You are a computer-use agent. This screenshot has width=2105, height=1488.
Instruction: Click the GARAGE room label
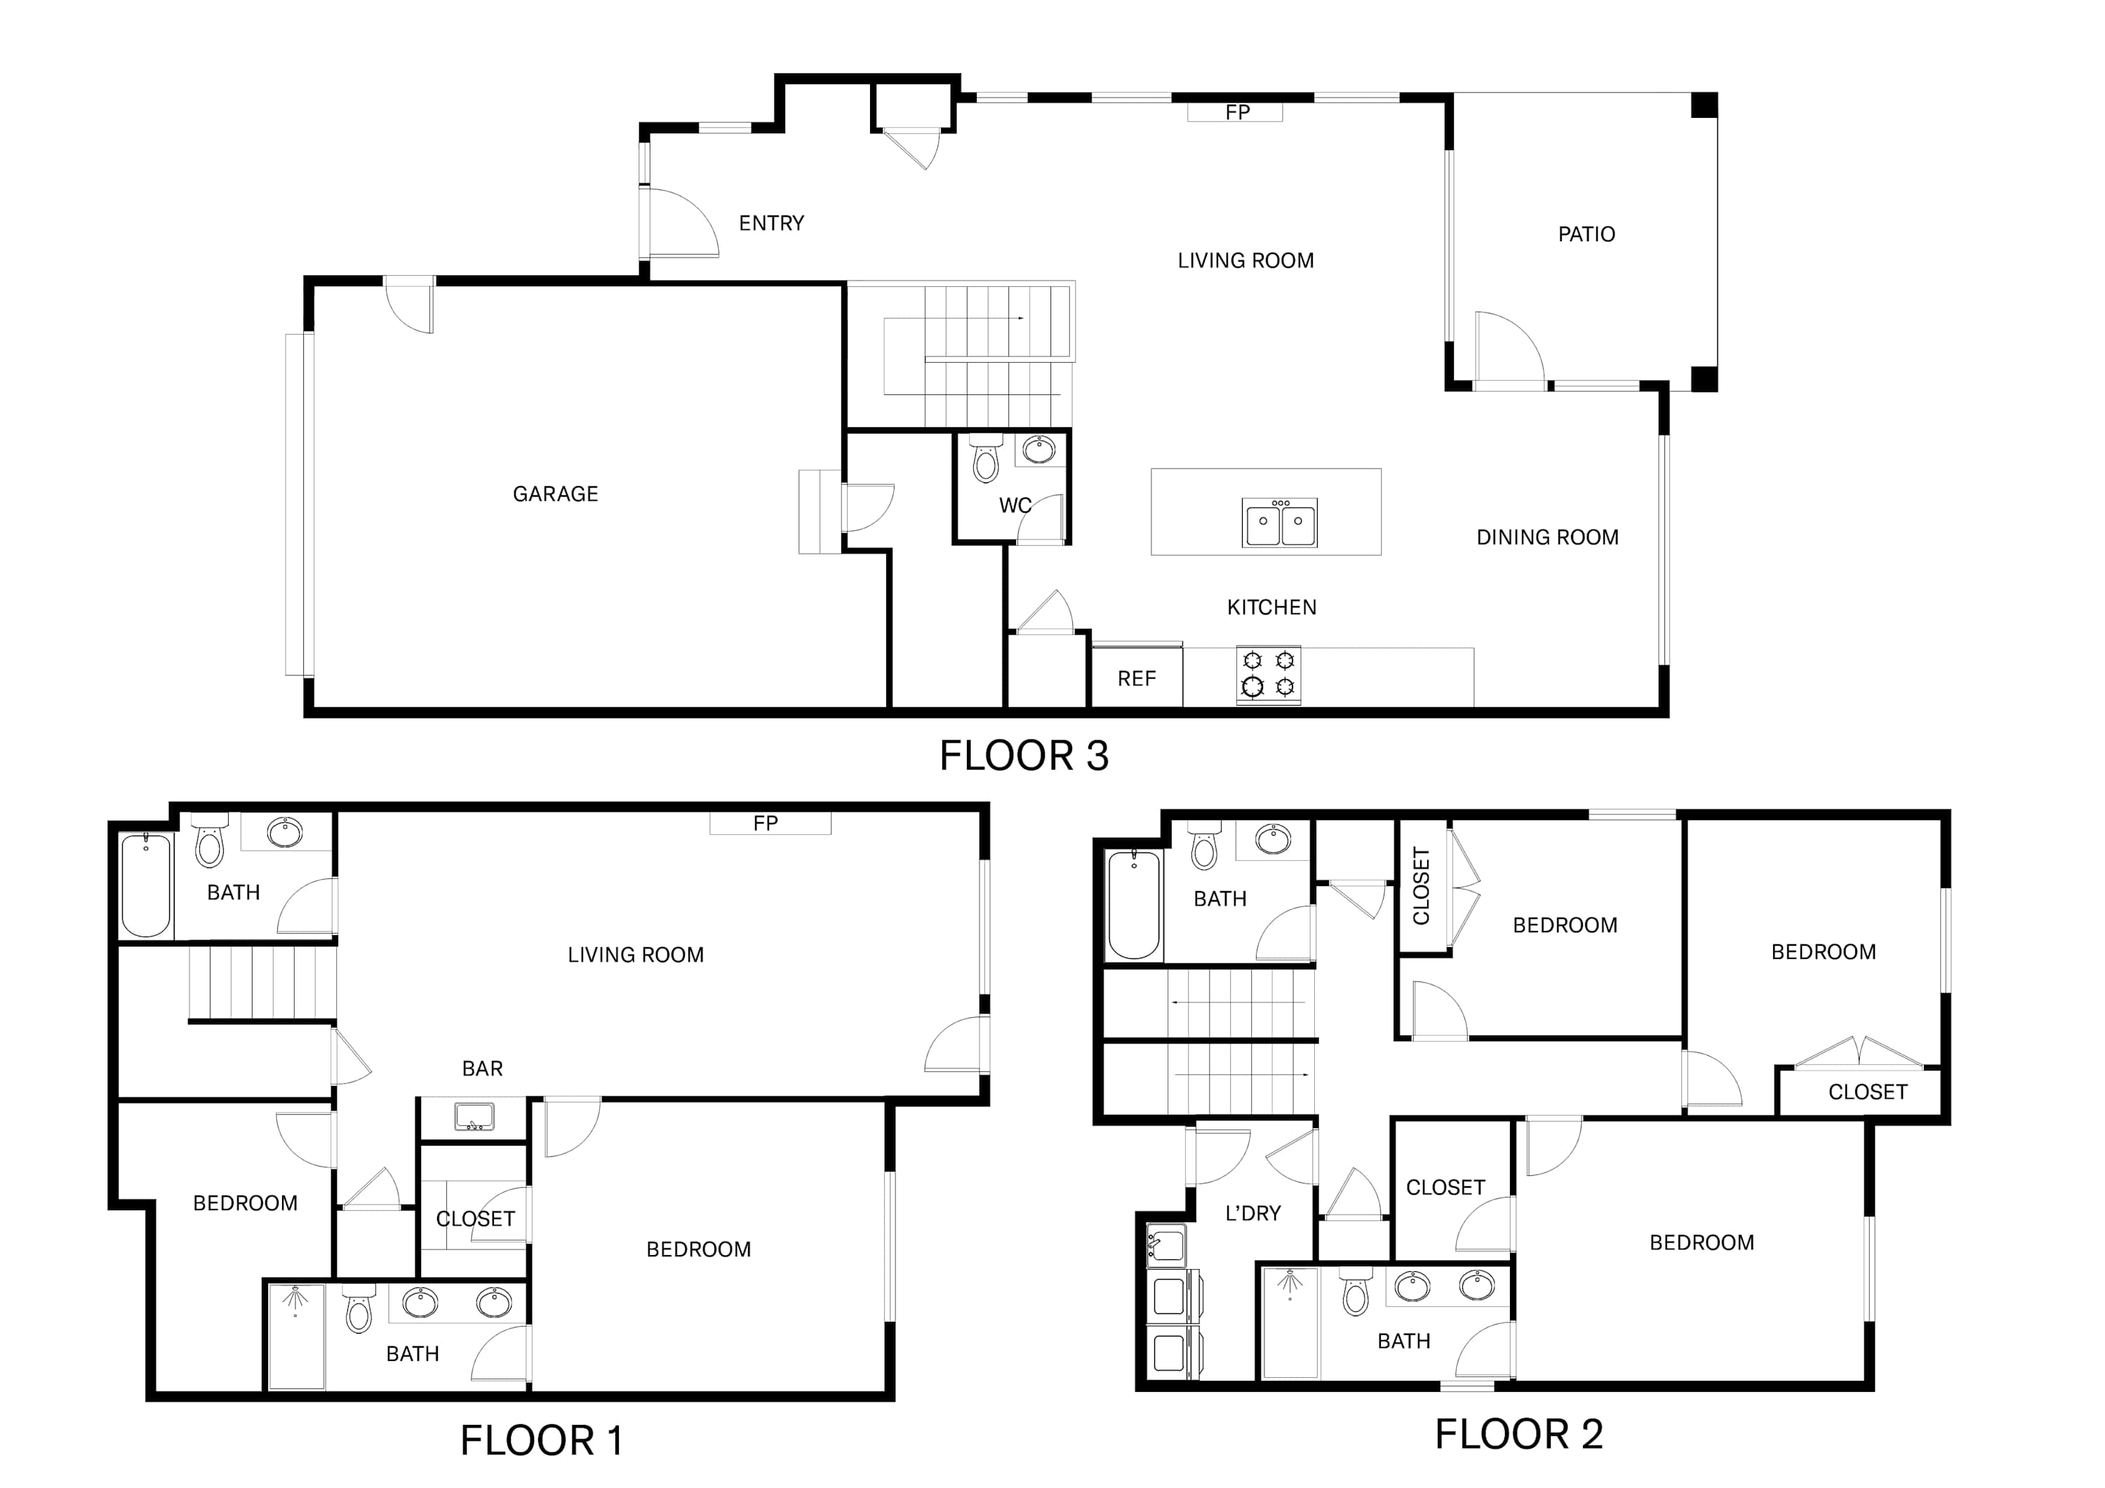click(x=555, y=494)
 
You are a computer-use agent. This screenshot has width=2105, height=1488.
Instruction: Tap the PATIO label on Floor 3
click(x=1586, y=235)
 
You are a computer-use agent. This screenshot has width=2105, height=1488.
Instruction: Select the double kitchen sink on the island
click(x=1280, y=523)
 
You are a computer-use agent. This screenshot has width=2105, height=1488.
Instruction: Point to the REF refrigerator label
click(x=1137, y=678)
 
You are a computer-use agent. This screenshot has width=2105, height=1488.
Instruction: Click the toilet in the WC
click(x=986, y=457)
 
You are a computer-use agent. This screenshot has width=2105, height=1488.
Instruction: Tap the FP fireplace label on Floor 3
click(x=1238, y=112)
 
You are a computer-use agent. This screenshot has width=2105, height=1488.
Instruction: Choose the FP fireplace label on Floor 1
click(x=766, y=824)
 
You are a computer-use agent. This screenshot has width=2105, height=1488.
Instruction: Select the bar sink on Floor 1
click(x=474, y=1117)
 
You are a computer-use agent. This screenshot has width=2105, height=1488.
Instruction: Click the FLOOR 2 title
click(x=1518, y=1435)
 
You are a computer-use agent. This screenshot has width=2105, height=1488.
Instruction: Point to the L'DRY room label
click(x=1252, y=1214)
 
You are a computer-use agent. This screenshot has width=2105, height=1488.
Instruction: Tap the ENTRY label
click(x=771, y=224)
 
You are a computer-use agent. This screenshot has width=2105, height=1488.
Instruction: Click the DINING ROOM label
click(x=1548, y=537)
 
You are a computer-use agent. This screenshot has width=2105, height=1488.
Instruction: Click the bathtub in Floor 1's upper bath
click(x=147, y=885)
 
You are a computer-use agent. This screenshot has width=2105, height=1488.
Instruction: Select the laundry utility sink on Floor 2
click(x=1165, y=1246)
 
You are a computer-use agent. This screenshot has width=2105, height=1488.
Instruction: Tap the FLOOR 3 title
click(x=1024, y=756)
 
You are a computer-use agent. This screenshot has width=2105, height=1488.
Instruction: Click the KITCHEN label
click(x=1271, y=608)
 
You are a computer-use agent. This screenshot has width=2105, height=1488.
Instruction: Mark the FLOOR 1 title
click(x=541, y=1441)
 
